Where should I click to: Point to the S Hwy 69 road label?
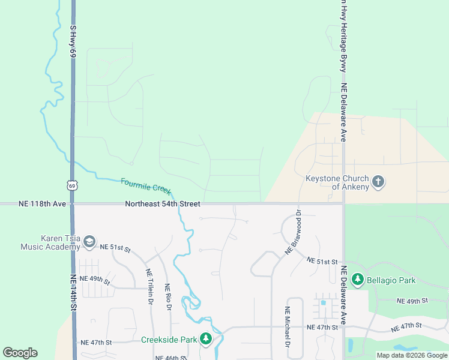tap(73, 41)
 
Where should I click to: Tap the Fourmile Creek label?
tap(146, 185)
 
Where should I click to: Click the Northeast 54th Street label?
tap(162, 204)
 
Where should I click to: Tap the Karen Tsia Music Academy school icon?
tap(89, 242)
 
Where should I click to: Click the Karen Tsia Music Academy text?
tap(51, 242)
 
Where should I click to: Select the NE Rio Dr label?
tap(168, 297)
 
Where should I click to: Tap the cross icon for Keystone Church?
tap(378, 182)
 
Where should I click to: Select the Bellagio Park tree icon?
tap(358, 280)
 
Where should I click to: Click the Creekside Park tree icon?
tap(206, 339)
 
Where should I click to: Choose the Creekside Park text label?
tap(169, 340)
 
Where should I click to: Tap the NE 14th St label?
tap(73, 293)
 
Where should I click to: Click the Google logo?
tap(20, 353)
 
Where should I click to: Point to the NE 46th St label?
tap(171, 357)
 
